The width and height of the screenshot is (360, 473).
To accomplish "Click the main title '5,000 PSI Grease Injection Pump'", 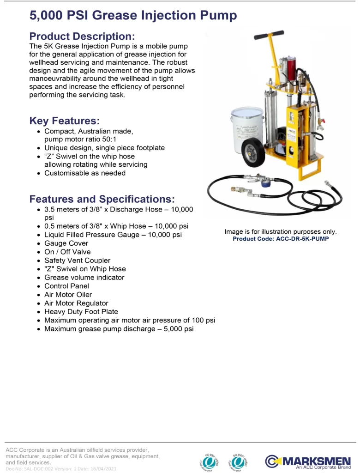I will click(133, 16).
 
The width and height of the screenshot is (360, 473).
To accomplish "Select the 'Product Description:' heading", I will click(82, 36).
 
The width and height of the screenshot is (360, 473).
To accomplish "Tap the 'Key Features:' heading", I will click(64, 121).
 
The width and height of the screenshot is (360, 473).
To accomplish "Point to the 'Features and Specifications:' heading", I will click(102, 199).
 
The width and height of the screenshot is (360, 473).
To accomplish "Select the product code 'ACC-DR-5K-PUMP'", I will click(281, 239).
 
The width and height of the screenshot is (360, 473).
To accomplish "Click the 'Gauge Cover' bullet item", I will click(66, 243).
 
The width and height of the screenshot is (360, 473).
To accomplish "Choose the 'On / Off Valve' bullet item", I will click(67, 252).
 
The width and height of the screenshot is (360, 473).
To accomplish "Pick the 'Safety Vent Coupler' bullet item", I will click(77, 261).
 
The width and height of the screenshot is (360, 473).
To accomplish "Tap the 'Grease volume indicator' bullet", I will click(84, 278).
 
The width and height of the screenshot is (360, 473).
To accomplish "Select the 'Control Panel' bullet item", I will click(66, 286).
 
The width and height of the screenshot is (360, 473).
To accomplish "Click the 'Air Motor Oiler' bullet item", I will click(68, 295).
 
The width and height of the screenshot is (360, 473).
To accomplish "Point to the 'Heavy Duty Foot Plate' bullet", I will click(81, 312).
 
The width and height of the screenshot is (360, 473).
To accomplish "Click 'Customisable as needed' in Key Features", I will click(85, 173).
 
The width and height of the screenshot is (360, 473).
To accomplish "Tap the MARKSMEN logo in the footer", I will click(308, 461).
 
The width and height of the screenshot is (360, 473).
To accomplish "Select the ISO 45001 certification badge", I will click(240, 461).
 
